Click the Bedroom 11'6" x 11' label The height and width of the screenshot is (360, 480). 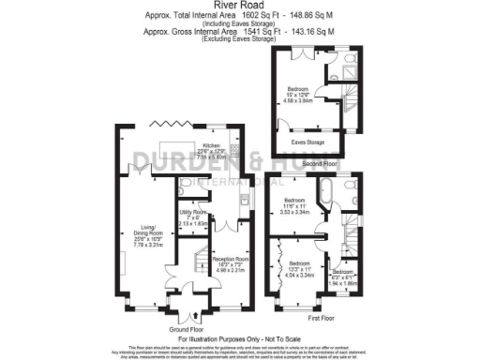295,207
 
